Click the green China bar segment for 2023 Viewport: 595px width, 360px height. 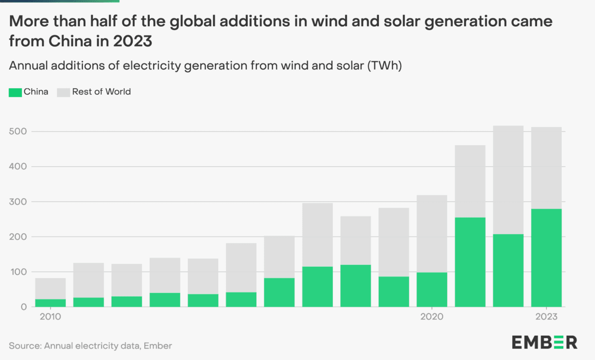pos(546,258)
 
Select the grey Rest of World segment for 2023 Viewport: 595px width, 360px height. pos(546,168)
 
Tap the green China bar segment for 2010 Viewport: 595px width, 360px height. pos(50,303)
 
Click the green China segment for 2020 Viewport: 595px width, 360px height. pos(432,290)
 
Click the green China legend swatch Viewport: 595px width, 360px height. pos(15,92)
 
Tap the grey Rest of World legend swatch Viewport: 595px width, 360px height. pos(63,92)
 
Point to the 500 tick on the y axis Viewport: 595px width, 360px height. pos(18,131)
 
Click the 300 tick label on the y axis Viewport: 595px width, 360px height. pos(18,202)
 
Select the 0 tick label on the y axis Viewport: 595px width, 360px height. pos(23,307)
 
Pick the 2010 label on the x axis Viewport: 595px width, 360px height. pos(50,316)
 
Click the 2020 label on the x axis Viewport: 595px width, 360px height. pos(432,316)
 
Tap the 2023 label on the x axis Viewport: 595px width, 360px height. pos(546,316)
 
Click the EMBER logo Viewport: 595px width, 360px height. pos(544,342)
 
